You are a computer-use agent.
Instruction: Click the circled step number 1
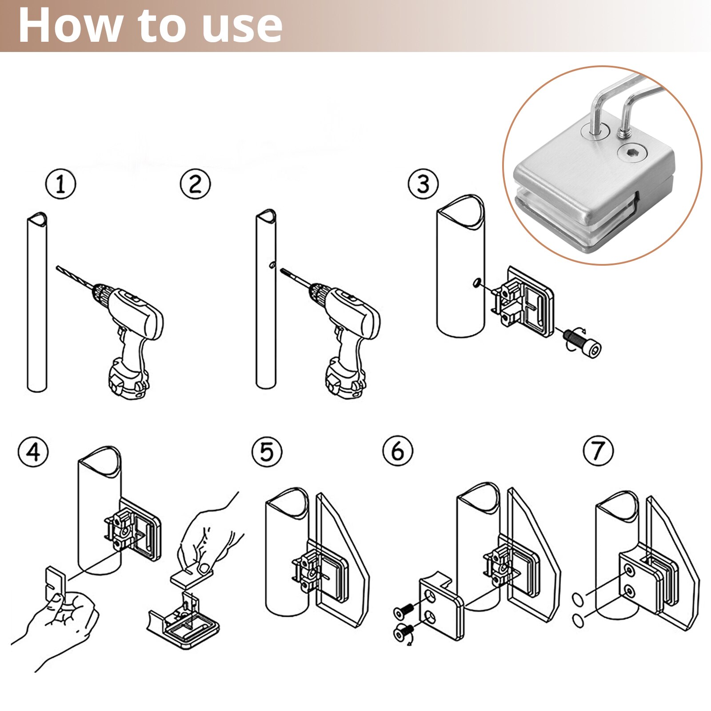click(61, 184)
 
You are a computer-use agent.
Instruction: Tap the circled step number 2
click(196, 184)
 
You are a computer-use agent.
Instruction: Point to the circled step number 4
click(33, 452)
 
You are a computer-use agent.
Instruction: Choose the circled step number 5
click(267, 452)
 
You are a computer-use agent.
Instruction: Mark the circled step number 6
click(398, 451)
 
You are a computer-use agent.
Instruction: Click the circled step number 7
click(598, 451)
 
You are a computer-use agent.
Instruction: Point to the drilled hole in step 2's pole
click(272, 265)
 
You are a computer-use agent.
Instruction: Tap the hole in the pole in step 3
click(476, 283)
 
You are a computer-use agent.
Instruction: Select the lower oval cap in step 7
click(577, 620)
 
